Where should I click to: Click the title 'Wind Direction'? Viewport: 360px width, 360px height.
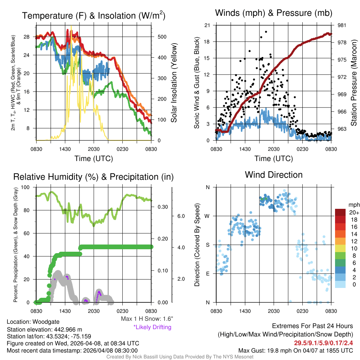tap(274, 175)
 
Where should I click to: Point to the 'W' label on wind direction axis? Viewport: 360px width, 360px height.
tap(208, 216)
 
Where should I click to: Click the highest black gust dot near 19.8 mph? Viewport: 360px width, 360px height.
tap(266, 32)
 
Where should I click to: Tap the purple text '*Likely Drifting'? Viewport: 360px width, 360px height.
tap(152, 327)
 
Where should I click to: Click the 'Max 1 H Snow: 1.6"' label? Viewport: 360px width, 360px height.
tap(147, 319)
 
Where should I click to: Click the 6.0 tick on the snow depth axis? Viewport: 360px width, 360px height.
tap(181, 216)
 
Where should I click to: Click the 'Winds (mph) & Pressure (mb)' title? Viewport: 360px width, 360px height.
tap(274, 13)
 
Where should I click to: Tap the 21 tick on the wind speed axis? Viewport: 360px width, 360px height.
tap(207, 25)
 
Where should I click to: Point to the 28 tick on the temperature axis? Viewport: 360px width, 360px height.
tap(27, 37)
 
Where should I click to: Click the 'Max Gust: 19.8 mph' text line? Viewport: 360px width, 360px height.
tap(295, 350)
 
